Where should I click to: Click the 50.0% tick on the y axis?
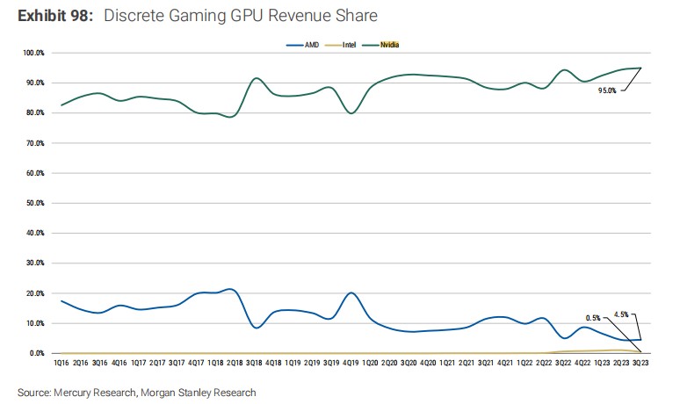point(35,203)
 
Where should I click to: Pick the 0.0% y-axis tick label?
point(37,353)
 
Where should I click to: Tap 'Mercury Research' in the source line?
point(98,392)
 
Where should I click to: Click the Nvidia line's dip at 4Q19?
point(351,113)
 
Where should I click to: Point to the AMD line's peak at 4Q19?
point(351,292)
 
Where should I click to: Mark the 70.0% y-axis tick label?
point(35,143)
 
